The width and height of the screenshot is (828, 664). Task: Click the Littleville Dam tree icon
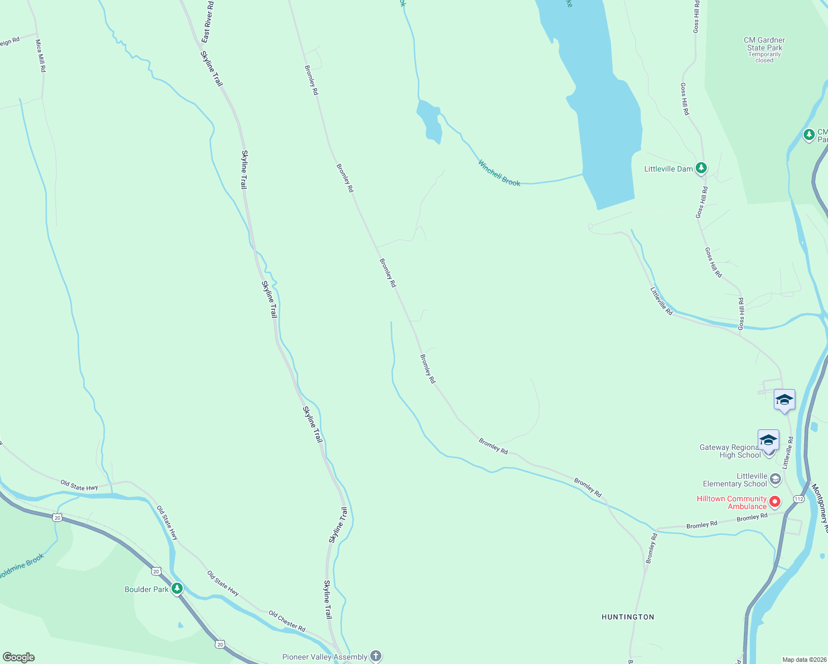pyautogui.click(x=701, y=168)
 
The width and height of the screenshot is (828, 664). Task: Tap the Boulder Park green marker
pyautogui.click(x=177, y=588)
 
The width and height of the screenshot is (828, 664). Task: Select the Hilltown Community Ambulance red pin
pyautogui.click(x=775, y=502)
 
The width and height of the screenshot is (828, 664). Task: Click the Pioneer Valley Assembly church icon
pyautogui.click(x=376, y=656)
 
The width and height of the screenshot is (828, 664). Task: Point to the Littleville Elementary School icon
pyautogui.click(x=775, y=479)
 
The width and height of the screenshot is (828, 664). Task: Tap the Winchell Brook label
pyautogui.click(x=499, y=173)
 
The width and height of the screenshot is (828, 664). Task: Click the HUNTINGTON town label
pyautogui.click(x=628, y=617)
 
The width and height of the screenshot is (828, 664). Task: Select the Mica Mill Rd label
pyautogui.click(x=40, y=56)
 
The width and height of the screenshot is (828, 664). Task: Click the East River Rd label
pyautogui.click(x=208, y=22)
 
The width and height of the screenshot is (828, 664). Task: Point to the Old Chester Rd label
pyautogui.click(x=287, y=621)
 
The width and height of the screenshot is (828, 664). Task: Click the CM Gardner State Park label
pyautogui.click(x=764, y=44)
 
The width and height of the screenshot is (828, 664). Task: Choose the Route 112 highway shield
pyautogui.click(x=798, y=499)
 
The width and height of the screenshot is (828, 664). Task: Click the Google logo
pyautogui.click(x=19, y=657)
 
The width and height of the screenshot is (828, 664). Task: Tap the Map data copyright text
pyautogui.click(x=804, y=660)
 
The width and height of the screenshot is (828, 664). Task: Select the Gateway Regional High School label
pyautogui.click(x=730, y=451)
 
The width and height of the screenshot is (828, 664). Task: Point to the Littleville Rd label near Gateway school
pyautogui.click(x=788, y=453)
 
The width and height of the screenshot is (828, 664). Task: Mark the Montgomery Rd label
pyautogui.click(x=819, y=508)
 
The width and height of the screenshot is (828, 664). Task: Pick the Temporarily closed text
pyautogui.click(x=764, y=58)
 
